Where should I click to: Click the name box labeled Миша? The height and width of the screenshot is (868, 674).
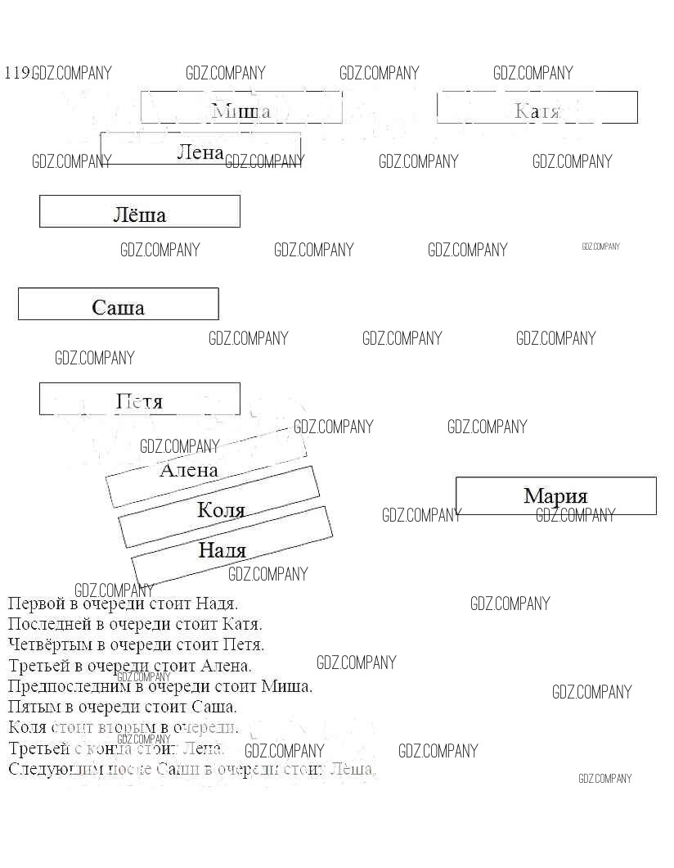click(x=241, y=108)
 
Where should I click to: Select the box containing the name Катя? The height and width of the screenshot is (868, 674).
click(x=537, y=108)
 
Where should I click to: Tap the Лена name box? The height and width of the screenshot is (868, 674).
click(x=200, y=150)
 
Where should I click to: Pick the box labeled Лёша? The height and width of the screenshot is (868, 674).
click(x=140, y=211)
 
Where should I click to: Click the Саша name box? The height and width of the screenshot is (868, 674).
click(x=119, y=304)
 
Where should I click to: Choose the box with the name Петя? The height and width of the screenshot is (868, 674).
click(x=140, y=399)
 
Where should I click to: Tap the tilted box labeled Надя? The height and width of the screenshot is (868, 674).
click(x=231, y=548)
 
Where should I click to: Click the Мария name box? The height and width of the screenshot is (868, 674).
click(x=556, y=495)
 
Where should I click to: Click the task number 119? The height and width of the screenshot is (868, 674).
click(x=17, y=73)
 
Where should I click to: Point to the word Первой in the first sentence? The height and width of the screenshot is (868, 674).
click(x=33, y=604)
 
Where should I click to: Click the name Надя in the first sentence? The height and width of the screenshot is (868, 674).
click(x=217, y=604)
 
